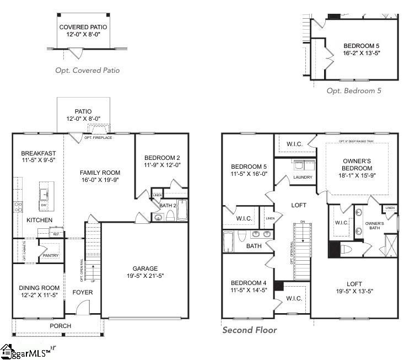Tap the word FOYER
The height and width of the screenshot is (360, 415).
83,292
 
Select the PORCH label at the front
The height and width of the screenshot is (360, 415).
61,326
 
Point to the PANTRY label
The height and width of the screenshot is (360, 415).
51,255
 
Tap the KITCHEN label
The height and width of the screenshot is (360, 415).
40,220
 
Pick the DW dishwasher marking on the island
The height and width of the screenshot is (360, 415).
44,205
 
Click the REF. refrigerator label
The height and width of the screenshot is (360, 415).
56,234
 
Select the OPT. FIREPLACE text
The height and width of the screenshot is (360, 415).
98,137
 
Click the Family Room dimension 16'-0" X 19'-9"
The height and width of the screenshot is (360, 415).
100,179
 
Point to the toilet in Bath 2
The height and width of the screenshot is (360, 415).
170,216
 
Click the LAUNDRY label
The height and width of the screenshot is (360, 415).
303,178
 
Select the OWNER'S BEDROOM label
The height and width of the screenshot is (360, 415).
357,164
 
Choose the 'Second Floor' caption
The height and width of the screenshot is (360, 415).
250,330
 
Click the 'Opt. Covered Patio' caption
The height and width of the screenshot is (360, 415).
87,70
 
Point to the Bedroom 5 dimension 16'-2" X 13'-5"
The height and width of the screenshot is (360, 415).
362,53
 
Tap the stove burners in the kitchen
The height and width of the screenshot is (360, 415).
18,207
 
